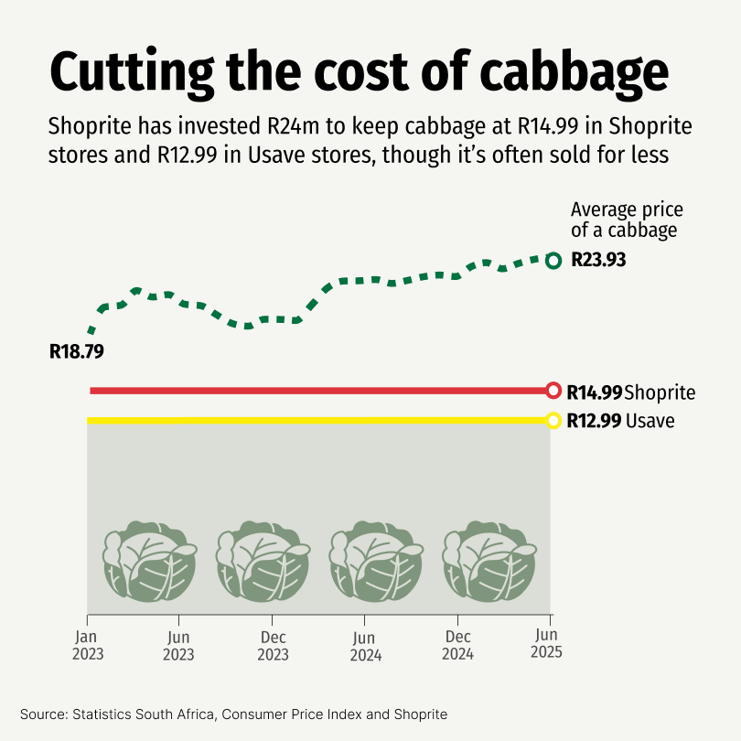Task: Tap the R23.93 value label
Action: pos(598,260)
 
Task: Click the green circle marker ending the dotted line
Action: pos(553,261)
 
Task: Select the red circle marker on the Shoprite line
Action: pos(553,391)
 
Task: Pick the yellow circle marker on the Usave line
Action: pos(553,421)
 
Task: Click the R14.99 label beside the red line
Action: pos(594,392)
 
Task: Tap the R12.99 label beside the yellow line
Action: pos(594,422)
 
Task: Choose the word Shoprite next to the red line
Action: pos(660,392)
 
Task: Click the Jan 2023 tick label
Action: pos(89,646)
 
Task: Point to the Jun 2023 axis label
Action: pos(179,646)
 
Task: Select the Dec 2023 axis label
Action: pos(273,646)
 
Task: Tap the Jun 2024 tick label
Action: pos(365,646)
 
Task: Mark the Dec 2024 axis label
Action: pos(457,646)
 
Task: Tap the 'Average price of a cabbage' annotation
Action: pos(627,220)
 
